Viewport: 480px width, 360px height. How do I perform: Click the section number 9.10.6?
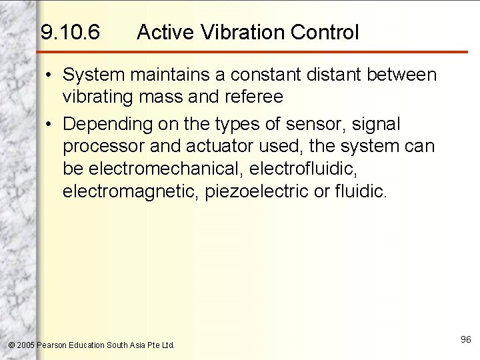[x=70, y=31]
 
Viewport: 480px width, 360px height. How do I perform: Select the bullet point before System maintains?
[x=50, y=75]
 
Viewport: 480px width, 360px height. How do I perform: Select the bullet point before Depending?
[x=50, y=124]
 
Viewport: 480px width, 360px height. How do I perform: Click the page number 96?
[x=465, y=340]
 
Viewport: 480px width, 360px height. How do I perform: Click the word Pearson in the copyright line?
[x=53, y=345]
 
